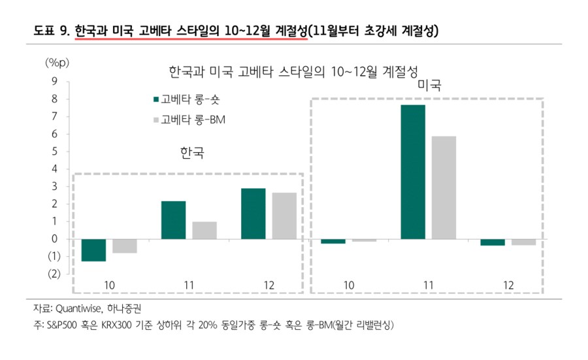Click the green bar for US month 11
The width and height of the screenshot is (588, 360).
pos(413,172)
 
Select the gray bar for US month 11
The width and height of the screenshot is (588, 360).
pos(443,188)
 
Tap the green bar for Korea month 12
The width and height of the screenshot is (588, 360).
pos(253,214)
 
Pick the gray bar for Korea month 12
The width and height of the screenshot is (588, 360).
pos(284,216)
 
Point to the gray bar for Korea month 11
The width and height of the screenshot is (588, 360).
pos(204,230)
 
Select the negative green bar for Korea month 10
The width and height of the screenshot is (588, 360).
pos(93,250)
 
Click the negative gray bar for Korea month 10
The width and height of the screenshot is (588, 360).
pos(124,246)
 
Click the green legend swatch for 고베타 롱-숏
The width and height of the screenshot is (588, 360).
pos(156,99)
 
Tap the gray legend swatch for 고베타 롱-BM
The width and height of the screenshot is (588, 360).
pos(156,120)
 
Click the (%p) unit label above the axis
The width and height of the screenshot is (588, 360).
pos(56,63)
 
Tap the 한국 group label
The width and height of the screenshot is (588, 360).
pos(191,154)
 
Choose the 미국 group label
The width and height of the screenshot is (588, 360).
pos(429,86)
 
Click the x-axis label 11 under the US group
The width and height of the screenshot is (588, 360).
pos(429,286)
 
